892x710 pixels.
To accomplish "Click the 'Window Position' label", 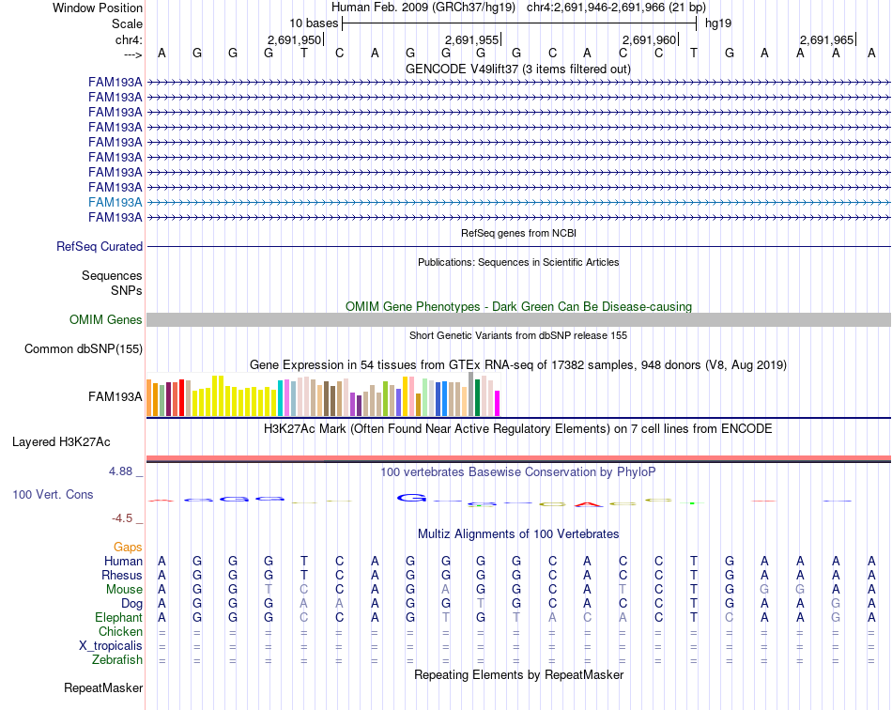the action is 98,8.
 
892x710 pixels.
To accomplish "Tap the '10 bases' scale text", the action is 314,23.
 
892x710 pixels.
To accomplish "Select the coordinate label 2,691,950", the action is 294,39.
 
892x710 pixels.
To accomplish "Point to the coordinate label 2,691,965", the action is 826,39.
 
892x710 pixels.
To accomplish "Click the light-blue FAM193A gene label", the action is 115,202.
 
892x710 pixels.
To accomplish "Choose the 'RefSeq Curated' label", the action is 100,246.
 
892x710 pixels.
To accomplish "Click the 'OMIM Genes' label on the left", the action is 106,319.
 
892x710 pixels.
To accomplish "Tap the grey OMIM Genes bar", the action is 519,319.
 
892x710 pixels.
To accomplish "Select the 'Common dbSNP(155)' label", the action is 84,348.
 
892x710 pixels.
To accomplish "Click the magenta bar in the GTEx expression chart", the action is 498,403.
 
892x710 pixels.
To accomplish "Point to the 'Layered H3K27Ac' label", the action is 61,442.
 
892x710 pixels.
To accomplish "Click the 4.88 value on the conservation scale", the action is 120,471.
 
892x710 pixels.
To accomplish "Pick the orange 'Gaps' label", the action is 128,547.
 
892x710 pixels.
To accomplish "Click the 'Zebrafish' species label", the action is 117,659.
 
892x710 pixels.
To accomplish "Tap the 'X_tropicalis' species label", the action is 111,646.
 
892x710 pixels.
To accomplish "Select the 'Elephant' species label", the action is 118,617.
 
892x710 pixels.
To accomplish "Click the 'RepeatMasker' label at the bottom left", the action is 103,687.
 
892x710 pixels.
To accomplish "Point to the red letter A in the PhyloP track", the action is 588,504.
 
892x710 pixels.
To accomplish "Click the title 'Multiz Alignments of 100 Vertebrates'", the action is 518,533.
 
